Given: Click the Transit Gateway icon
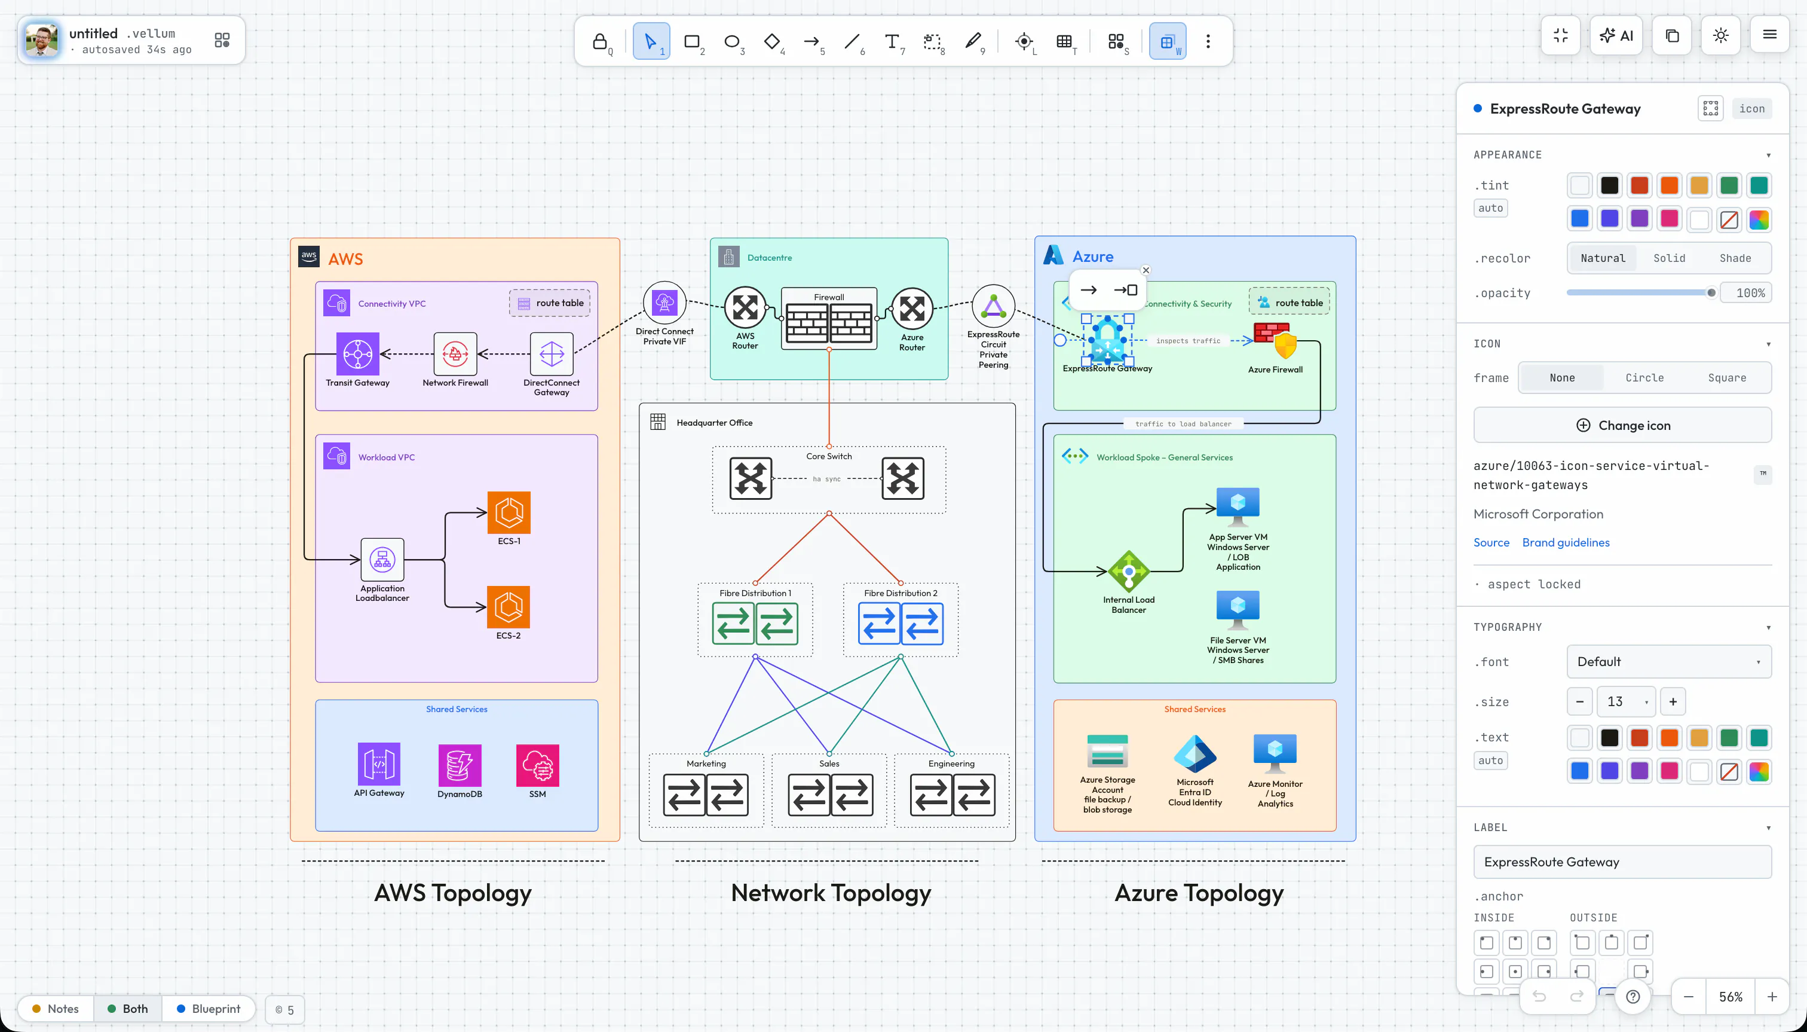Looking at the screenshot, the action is coord(358,354).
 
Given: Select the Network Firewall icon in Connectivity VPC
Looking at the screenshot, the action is coord(455,354).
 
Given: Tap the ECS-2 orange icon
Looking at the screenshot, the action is coord(509,607).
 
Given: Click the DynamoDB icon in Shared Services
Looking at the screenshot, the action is coord(460,765).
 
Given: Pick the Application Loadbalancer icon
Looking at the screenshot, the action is coord(382,560).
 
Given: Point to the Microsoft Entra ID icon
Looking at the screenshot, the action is coord(1195,754).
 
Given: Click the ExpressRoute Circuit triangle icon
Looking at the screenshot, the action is coord(994,306).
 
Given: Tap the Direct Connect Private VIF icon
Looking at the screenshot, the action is coord(664,303).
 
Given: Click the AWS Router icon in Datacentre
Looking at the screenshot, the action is coord(745,309).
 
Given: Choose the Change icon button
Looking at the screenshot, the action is coord(1623,425).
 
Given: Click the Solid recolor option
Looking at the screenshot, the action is coord(1670,258).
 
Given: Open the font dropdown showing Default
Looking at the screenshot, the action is coord(1670,662).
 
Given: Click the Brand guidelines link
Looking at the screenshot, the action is coord(1566,542).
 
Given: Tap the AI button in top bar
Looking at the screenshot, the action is coord(1616,35).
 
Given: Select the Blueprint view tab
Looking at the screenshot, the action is coord(209,1009).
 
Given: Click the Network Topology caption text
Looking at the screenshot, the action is coord(831,893).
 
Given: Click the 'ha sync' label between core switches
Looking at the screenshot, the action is coord(826,479).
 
